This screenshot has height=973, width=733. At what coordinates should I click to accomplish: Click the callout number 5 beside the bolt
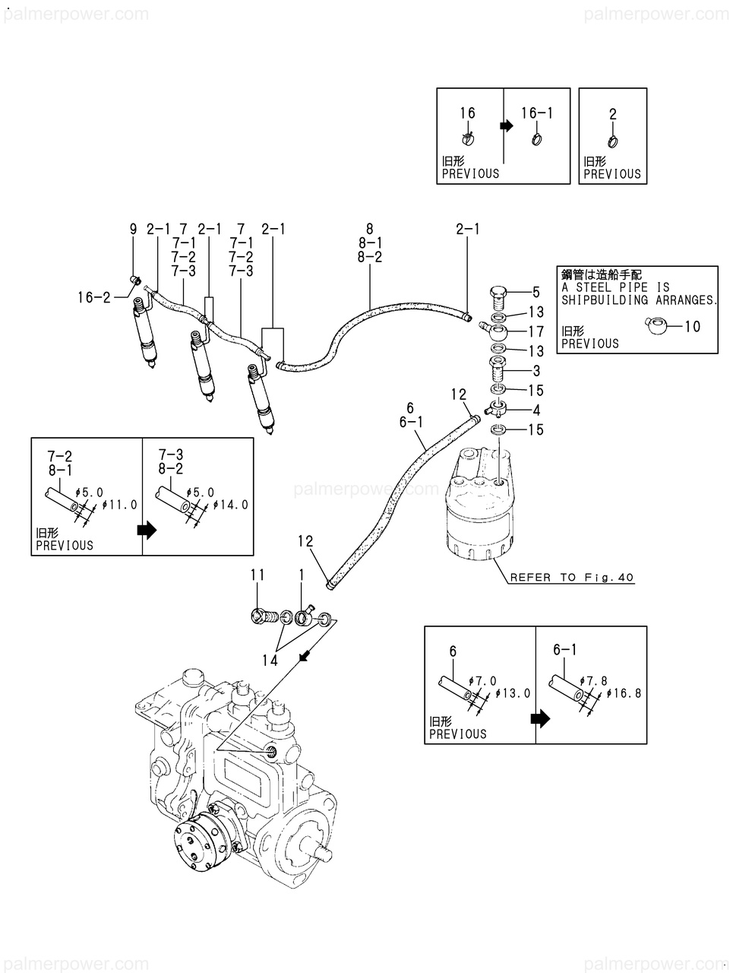point(536,291)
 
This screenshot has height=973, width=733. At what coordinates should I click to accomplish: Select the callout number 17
point(536,331)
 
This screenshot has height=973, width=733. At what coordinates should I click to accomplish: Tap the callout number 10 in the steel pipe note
point(692,327)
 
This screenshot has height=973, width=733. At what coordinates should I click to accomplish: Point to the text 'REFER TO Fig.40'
point(571,578)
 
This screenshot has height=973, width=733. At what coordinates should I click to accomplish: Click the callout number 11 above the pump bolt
point(258,575)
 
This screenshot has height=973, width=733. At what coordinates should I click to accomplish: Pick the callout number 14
point(270,661)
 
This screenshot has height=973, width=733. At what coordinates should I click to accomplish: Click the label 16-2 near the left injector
point(93,298)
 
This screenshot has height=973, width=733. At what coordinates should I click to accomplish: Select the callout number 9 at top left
point(133,229)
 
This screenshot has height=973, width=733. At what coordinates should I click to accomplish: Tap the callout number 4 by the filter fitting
point(536,410)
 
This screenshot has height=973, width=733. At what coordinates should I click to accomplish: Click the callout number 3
point(536,371)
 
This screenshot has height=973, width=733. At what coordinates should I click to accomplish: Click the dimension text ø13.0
point(513,693)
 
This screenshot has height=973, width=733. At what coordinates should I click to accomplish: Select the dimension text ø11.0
point(122,504)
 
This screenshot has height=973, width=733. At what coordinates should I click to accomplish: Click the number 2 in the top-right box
point(612,114)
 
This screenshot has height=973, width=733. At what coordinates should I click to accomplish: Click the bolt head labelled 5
point(497,293)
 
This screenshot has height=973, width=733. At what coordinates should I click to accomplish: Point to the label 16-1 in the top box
point(536,113)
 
